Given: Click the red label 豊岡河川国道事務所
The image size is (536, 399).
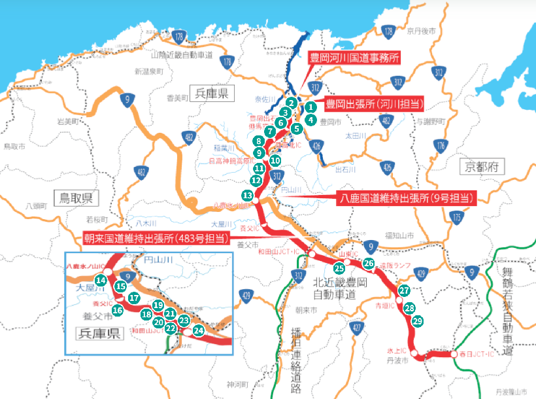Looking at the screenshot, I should (x=353, y=58).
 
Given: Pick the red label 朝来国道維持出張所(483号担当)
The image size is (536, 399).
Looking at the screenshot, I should (x=155, y=239).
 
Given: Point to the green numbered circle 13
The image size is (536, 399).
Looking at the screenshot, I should (x=247, y=195).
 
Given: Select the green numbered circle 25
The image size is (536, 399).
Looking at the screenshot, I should (x=339, y=268).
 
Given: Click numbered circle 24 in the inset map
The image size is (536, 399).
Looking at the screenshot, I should (x=199, y=331).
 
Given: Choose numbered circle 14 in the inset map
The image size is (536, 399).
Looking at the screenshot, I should (x=101, y=280).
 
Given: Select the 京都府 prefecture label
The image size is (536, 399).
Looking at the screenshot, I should (x=484, y=167).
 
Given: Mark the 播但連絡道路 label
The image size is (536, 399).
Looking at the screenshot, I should (x=295, y=357).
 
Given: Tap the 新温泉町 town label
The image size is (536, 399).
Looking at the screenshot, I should (x=148, y=71).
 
